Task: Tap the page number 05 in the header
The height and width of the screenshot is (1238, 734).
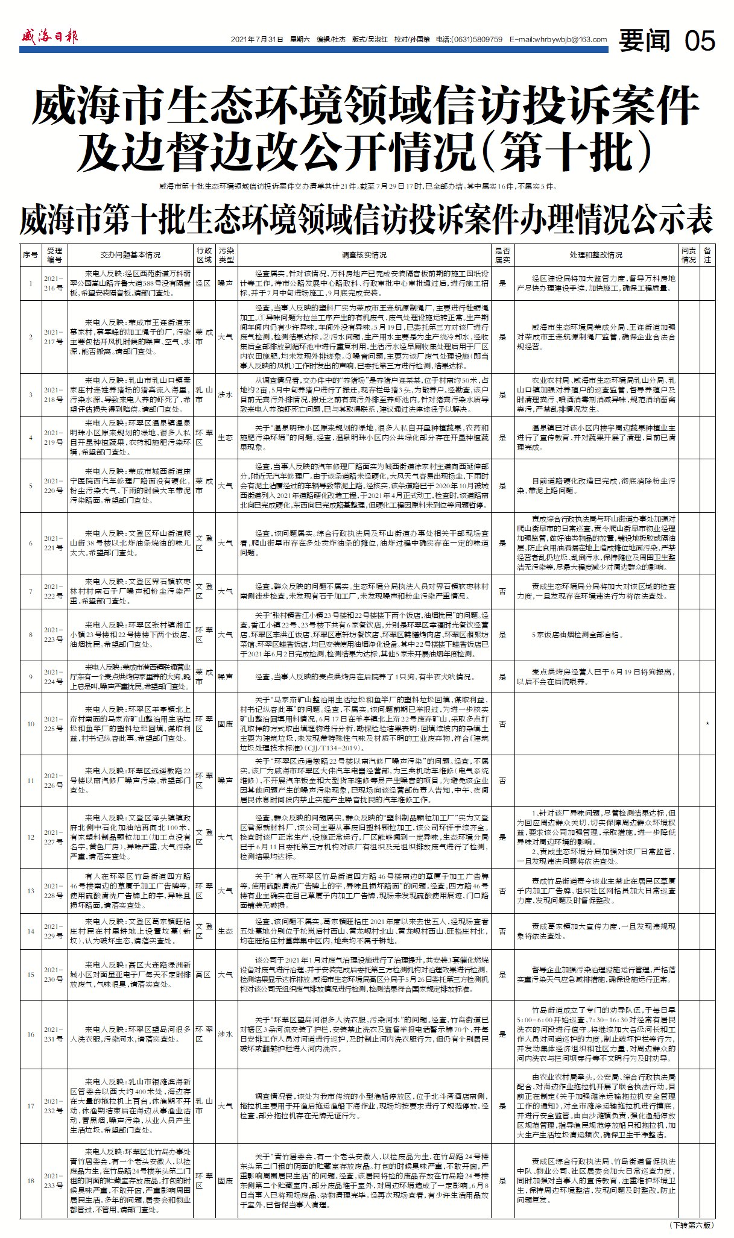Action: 700,41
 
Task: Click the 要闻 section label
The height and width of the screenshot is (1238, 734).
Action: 645,41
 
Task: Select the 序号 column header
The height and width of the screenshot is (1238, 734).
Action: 31,255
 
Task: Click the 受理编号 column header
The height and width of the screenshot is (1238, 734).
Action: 55,255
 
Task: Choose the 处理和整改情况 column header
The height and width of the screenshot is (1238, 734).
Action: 595,255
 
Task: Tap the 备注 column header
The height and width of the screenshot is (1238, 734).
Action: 708,255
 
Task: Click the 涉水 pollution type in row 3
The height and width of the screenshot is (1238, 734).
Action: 225,395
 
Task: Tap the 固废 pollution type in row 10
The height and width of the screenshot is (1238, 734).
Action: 225,723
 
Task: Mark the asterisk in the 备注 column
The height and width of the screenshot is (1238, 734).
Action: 707,724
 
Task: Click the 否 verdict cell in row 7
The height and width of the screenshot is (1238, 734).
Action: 502,591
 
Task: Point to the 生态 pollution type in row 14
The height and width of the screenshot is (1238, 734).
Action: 225,931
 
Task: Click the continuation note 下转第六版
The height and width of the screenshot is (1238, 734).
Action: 691,1225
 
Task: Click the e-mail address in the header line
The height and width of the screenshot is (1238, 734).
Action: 558,40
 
